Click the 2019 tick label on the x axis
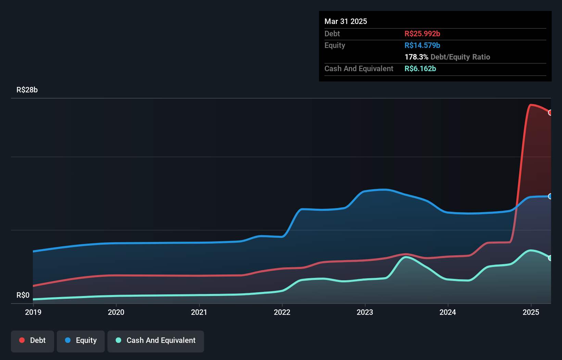(x=33, y=312)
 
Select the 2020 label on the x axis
(x=116, y=312)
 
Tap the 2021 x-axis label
(x=199, y=312)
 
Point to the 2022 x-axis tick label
(x=282, y=312)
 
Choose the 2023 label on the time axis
(x=365, y=312)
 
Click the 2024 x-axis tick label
(x=448, y=312)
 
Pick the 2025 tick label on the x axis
(x=531, y=312)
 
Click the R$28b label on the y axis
(x=27, y=90)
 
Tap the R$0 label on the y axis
(x=23, y=295)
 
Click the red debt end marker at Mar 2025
(x=550, y=113)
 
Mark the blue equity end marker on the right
(x=550, y=196)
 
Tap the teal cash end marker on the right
(x=550, y=258)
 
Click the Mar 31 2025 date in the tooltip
(x=346, y=21)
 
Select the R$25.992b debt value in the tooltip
(x=422, y=34)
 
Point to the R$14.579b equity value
(x=422, y=45)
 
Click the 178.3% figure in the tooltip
(x=416, y=57)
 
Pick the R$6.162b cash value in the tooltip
(x=420, y=68)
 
